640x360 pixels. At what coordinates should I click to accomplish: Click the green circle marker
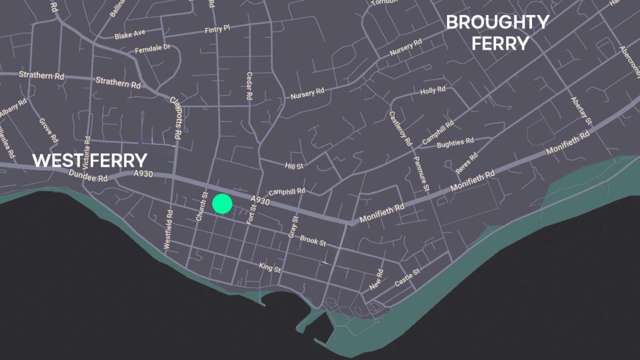[x=222, y=204]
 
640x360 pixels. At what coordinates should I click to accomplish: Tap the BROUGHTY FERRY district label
[x=498, y=33]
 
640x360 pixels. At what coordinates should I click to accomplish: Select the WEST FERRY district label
[x=90, y=160]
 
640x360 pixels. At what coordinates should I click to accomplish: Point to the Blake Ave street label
[x=130, y=35]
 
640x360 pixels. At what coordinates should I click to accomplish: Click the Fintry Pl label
[x=217, y=29]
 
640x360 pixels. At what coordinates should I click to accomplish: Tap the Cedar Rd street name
[x=249, y=86]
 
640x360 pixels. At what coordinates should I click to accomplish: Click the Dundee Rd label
[x=88, y=176]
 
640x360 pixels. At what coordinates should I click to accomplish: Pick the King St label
[x=270, y=268]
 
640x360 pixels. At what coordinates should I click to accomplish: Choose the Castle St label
[x=407, y=278]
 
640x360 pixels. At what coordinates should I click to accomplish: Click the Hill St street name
[x=294, y=166]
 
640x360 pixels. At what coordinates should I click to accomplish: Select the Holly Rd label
[x=433, y=91]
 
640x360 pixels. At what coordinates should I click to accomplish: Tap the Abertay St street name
[x=581, y=111]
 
